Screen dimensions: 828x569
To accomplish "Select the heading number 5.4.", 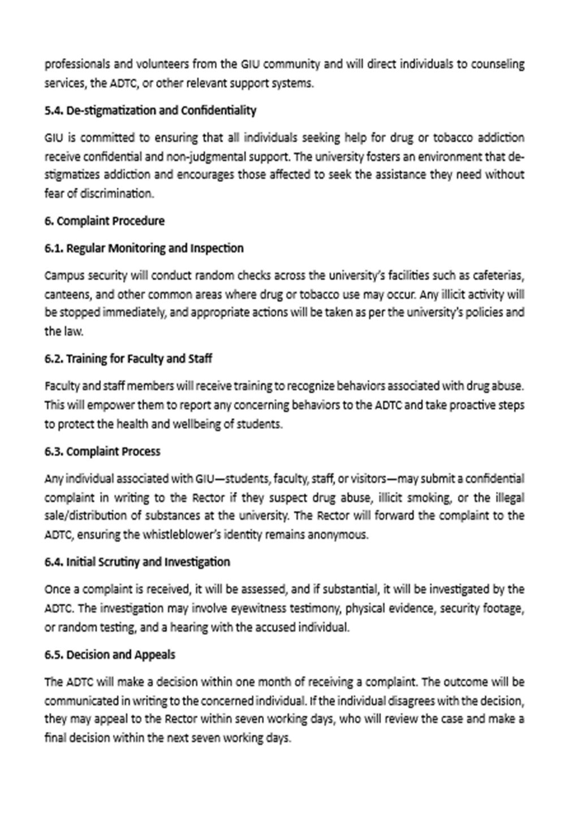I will point(54,110).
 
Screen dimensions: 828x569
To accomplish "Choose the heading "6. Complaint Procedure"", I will point(105,220).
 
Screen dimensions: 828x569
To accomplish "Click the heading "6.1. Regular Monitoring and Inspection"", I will point(144,248).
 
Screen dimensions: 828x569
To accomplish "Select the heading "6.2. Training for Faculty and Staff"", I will point(128,359).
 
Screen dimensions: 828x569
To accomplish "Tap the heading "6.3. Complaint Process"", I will point(102,451).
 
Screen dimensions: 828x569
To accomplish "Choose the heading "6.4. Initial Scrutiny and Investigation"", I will point(137,562).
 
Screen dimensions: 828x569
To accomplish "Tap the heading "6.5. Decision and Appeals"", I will point(110,654).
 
